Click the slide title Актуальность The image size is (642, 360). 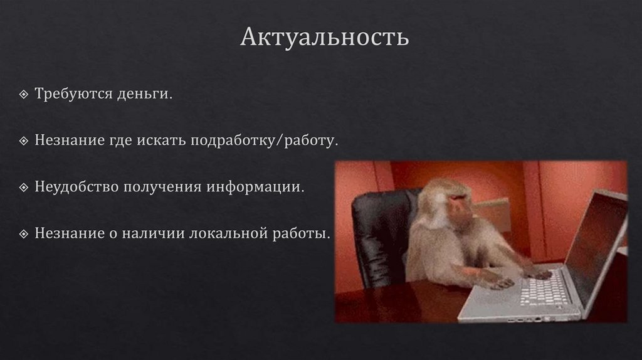pyautogui.click(x=325, y=37)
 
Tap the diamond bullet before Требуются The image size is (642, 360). pyautogui.click(x=23, y=95)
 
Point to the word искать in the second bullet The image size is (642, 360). pyautogui.click(x=158, y=140)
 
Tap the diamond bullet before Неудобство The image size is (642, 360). pyautogui.click(x=23, y=188)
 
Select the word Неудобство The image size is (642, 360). pyautogui.click(x=76, y=187)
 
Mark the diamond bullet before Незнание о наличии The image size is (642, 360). pyautogui.click(x=23, y=234)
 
